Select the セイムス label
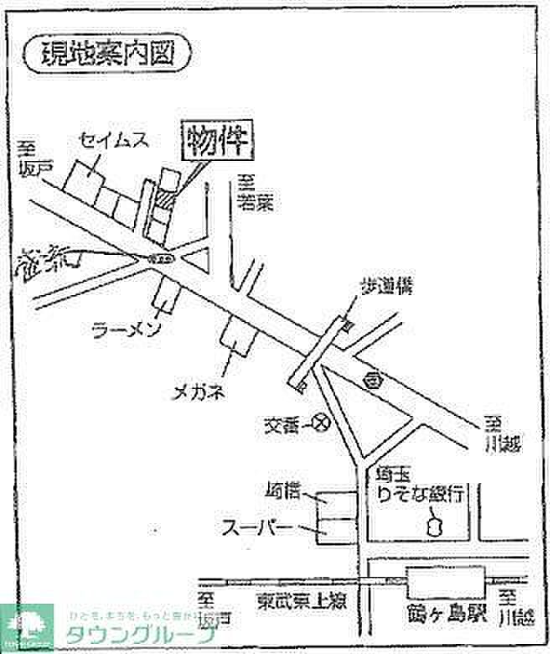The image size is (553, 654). click(115, 140)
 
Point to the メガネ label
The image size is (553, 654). click(198, 392)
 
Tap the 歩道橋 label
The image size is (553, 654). click(387, 287)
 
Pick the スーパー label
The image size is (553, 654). click(257, 528)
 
